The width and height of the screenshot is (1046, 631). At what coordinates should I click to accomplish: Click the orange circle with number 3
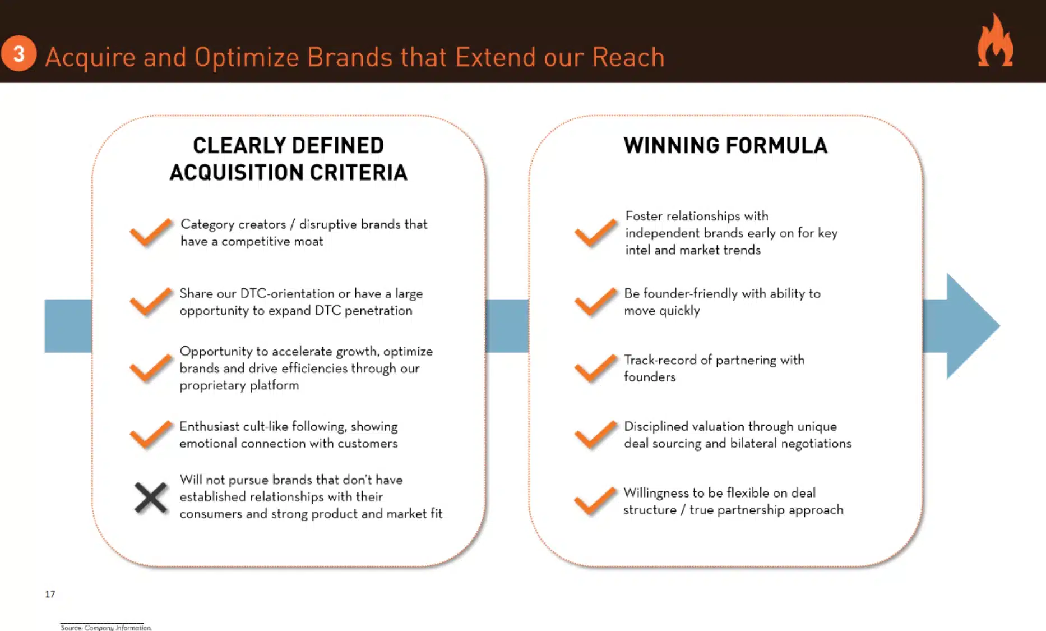click(19, 54)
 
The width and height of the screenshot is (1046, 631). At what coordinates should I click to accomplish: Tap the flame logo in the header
click(995, 40)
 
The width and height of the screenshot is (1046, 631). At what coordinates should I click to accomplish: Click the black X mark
click(151, 498)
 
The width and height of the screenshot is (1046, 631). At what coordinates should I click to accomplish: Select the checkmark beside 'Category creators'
click(150, 233)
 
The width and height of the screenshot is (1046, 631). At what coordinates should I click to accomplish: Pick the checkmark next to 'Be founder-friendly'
click(595, 302)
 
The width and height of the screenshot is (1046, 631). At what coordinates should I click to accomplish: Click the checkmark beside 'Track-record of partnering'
click(595, 369)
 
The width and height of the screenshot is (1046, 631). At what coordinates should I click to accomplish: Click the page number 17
click(50, 594)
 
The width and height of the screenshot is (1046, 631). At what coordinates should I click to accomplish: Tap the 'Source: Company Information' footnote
click(106, 628)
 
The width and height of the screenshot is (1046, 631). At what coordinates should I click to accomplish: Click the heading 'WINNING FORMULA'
click(725, 146)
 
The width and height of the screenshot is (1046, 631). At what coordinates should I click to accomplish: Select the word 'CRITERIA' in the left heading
click(358, 173)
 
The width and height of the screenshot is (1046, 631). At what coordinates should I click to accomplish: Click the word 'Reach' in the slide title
click(628, 57)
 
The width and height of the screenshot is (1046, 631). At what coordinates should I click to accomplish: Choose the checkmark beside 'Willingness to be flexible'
click(595, 501)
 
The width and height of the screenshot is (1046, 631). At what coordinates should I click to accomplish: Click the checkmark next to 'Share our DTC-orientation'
click(150, 302)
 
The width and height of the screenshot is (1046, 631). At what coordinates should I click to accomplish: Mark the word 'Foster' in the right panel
click(644, 216)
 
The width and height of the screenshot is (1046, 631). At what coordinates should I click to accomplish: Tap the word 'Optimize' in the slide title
click(246, 57)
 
